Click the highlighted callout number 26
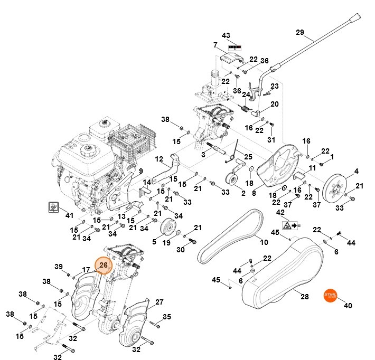pyautogui.click(x=104, y=265)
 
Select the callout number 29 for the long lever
pyautogui.click(x=300, y=33)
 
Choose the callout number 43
pyautogui.click(x=226, y=35)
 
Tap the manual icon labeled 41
pyautogui.click(x=54, y=207)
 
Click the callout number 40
pyautogui.click(x=348, y=306)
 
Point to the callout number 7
pyautogui.click(x=215, y=45)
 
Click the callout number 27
pyautogui.click(x=159, y=302)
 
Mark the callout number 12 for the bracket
pyautogui.click(x=158, y=159)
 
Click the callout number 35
pyautogui.click(x=167, y=317)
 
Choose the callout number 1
pyautogui.click(x=332, y=157)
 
